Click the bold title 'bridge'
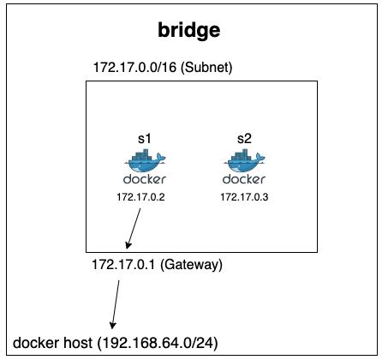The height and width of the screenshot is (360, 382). [190, 31]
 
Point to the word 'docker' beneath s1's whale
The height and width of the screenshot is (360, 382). [140, 180]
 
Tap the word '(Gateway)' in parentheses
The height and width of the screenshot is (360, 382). [193, 264]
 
